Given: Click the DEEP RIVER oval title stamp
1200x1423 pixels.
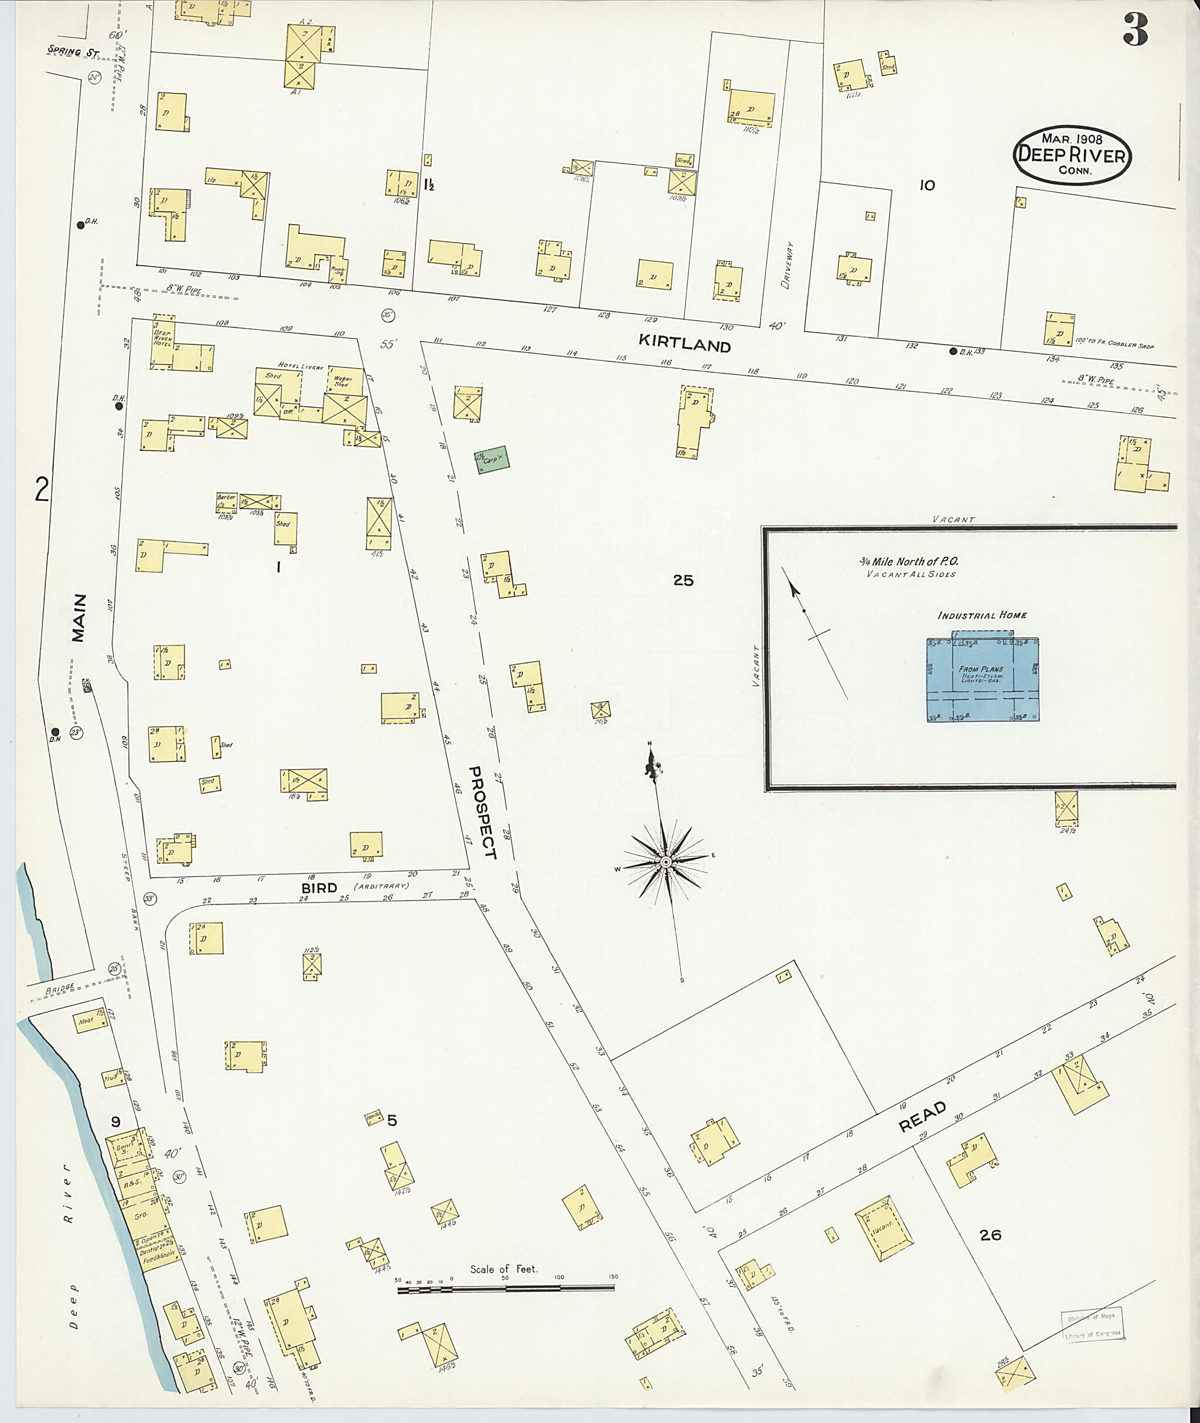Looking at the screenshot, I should (x=1072, y=155).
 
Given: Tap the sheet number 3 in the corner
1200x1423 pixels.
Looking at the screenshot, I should (x=1136, y=30).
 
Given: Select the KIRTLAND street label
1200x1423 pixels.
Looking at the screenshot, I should (x=684, y=344).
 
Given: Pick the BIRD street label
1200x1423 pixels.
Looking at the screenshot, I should (x=319, y=888).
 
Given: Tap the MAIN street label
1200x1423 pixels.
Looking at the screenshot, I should (x=80, y=617).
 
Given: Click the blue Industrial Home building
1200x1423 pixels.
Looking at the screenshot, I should (x=981, y=679).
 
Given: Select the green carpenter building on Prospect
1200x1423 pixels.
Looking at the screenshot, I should (x=492, y=460).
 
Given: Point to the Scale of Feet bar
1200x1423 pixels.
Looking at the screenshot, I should (x=507, y=1288).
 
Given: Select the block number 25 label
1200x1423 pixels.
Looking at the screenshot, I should (x=683, y=580).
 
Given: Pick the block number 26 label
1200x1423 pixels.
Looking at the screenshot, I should (x=990, y=1234).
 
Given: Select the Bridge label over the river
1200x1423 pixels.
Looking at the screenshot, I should (x=59, y=989).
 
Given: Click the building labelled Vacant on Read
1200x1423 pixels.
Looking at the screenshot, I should (x=883, y=1229).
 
